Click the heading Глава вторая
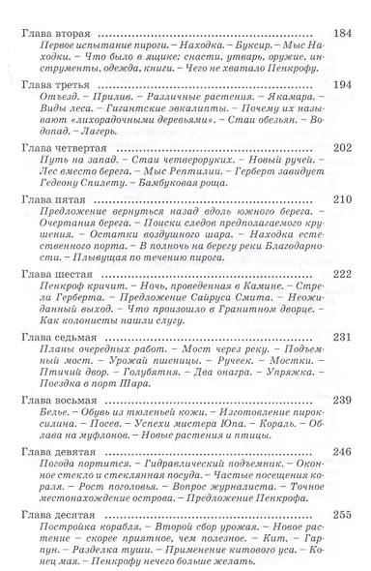coord(57,33)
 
